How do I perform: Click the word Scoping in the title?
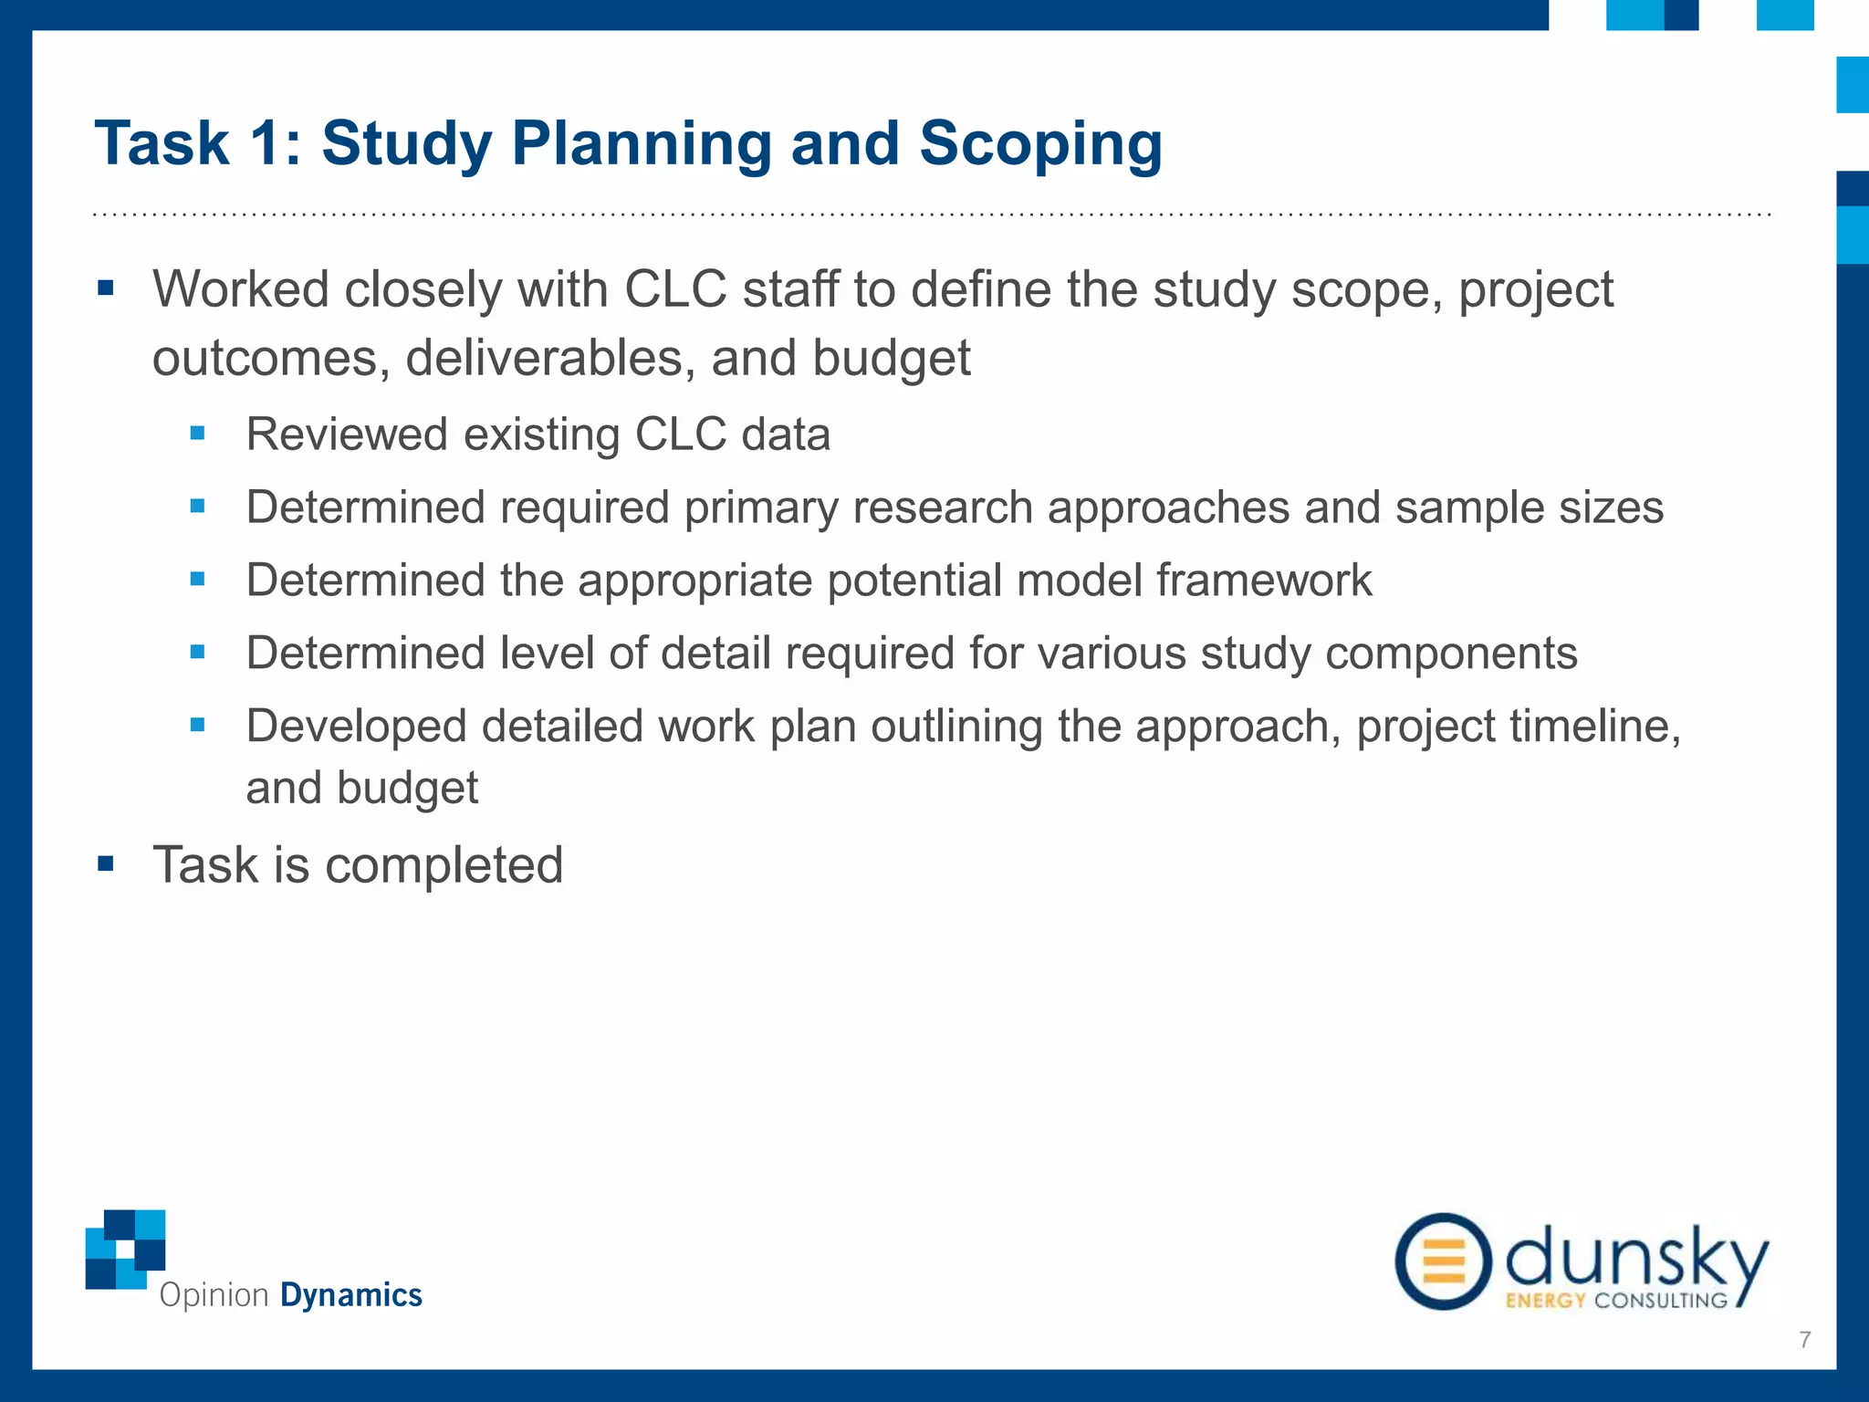coord(1040,144)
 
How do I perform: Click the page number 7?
coord(1804,1340)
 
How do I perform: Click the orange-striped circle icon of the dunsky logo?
coord(1443,1261)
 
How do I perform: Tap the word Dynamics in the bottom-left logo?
coord(351,1295)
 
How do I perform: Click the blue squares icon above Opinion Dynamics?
coord(125,1249)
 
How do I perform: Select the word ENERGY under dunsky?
coord(1545,1301)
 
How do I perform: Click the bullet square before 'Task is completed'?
coord(106,863)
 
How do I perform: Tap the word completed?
coord(444,865)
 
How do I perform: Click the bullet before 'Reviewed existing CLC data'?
coord(197,433)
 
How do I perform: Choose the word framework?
coord(1264,581)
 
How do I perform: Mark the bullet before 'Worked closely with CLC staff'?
coord(106,289)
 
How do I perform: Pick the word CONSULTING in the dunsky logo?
coord(1661,1301)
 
